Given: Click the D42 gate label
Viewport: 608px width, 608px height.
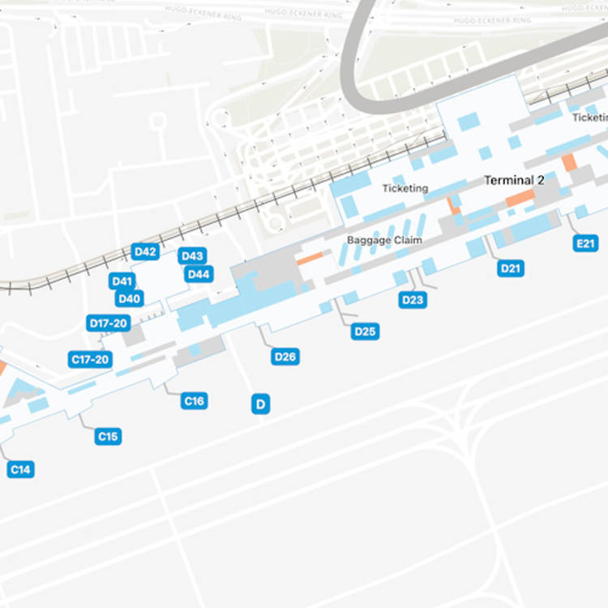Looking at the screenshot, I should coord(145,251).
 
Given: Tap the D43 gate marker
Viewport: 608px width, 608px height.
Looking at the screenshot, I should coord(192,256).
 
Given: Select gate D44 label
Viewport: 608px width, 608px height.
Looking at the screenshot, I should coord(199,274).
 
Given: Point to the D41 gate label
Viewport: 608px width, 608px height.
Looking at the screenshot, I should coord(122,281).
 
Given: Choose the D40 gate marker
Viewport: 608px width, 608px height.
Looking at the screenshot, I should coord(130,298).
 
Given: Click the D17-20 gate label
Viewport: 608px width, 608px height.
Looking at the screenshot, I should coord(109,323).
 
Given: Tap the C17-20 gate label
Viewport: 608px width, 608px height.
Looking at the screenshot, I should coord(90,359).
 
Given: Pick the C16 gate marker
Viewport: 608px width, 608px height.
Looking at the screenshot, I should coord(194,400).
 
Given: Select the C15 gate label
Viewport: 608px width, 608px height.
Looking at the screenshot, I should coord(108,437).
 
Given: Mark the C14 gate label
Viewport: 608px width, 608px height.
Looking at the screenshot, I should coord(21,469).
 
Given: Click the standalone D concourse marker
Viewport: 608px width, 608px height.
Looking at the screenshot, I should coord(260,405).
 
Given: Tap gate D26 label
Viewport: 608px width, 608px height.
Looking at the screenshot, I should coord(286,357).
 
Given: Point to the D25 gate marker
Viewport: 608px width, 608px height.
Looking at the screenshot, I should coord(366,331).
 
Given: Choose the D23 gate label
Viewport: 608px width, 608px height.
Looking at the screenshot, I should coord(413,300).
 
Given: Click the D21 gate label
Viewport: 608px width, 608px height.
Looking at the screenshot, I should coord(511,268).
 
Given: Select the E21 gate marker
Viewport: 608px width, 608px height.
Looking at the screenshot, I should coord(584,243).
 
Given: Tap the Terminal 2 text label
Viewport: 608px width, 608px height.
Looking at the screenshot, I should coord(514,180).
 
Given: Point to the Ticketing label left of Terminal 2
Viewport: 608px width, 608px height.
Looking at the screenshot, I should coord(405,188).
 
